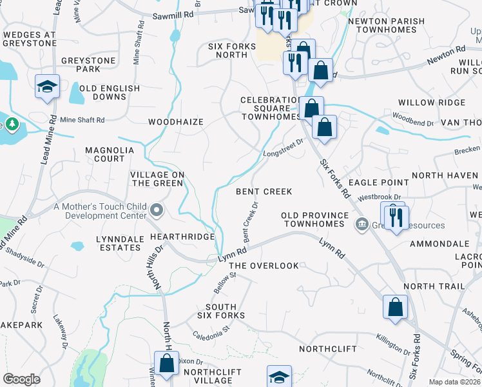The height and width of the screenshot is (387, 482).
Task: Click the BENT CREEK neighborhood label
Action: (264, 192)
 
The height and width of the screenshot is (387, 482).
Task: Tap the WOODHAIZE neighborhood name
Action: (175, 122)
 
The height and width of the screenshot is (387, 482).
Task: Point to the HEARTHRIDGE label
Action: (182, 237)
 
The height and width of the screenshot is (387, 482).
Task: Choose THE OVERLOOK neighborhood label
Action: (264, 266)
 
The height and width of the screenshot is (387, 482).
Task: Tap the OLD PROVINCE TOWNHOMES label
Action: (315, 219)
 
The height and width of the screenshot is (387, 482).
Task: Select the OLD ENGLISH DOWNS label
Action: (110, 92)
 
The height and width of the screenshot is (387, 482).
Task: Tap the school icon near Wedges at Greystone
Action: (47, 86)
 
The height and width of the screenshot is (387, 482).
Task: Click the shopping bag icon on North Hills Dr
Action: (166, 363)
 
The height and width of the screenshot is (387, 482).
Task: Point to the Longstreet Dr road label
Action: (283, 148)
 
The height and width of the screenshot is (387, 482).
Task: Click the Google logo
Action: (21, 379)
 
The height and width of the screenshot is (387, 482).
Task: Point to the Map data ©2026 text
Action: (454, 382)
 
